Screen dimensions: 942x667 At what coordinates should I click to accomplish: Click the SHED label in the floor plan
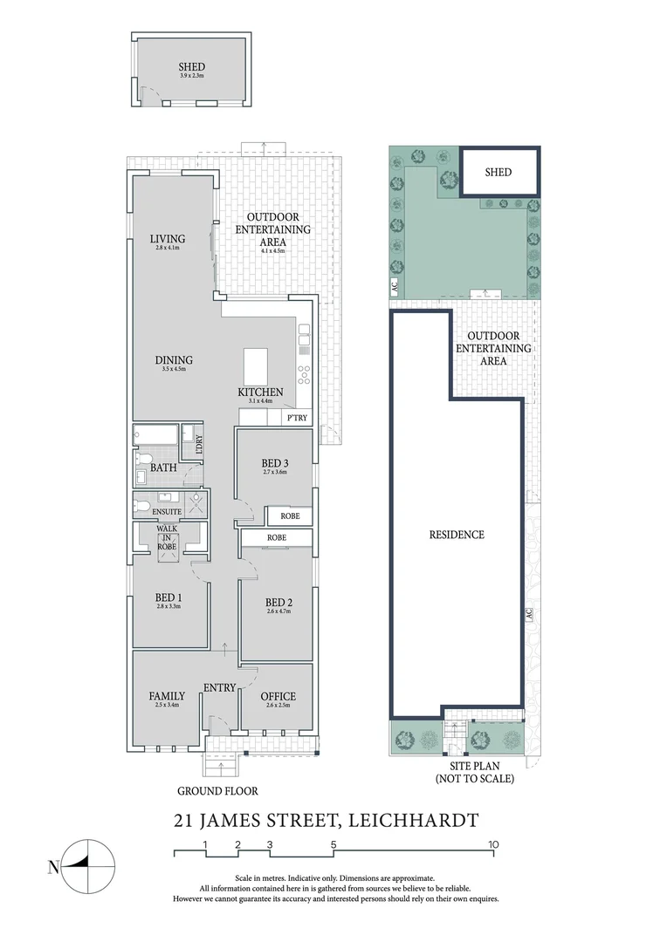(191, 66)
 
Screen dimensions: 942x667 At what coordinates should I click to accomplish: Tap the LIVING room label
(167, 239)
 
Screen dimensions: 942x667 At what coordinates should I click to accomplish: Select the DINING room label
(175, 360)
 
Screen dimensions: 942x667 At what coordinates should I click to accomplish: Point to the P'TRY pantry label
(297, 419)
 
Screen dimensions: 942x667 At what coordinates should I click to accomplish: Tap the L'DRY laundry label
(199, 443)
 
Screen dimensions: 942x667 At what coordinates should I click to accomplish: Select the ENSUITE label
(167, 511)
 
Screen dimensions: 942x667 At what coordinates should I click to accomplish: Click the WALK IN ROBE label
(167, 537)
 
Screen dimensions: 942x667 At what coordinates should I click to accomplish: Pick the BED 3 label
(275, 463)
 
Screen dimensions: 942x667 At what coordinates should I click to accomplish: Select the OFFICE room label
(278, 696)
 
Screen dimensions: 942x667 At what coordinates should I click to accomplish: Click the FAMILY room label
(167, 696)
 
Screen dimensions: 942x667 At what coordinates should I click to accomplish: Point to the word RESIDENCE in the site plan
(457, 535)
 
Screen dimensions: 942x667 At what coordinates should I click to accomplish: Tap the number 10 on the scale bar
(493, 843)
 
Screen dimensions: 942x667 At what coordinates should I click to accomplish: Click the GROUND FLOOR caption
(218, 791)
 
